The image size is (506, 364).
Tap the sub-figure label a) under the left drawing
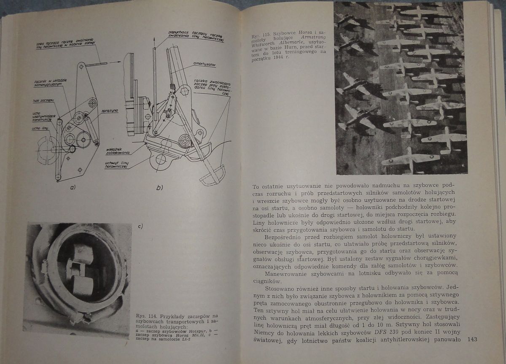(72, 187)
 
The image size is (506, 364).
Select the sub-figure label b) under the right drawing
(159, 188)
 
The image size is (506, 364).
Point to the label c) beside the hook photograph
(140, 226)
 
